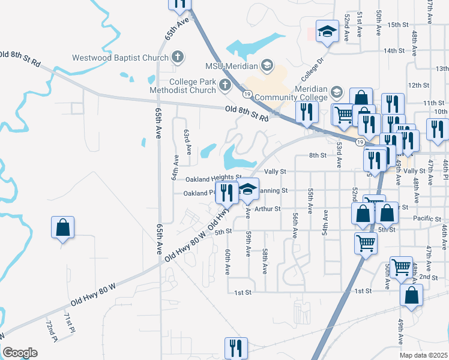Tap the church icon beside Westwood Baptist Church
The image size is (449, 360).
[x=177, y=58]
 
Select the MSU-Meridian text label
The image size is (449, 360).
[x=231, y=65]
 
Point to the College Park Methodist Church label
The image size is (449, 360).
[x=192, y=86]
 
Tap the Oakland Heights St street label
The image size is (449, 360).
[x=212, y=178]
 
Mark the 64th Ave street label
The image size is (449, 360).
[x=176, y=167]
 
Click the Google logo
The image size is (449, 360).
[x=20, y=353]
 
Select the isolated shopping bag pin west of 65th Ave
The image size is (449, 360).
[x=62, y=228]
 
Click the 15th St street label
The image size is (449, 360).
[x=397, y=25]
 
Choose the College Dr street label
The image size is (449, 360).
[x=313, y=69]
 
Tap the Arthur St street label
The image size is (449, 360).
[x=267, y=209]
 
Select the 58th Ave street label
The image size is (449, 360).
[x=265, y=259]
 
